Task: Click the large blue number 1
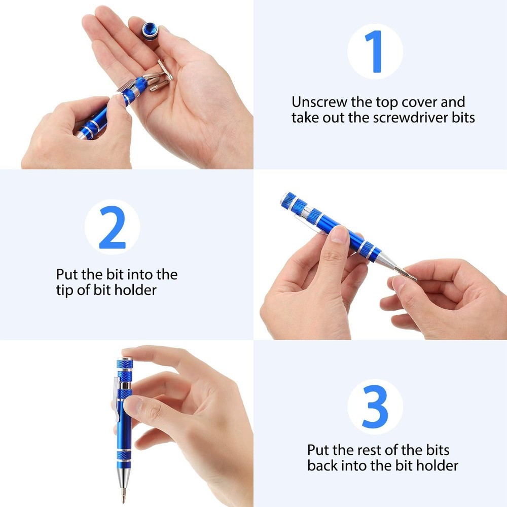pyautogui.click(x=376, y=52)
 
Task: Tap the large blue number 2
pyautogui.click(x=112, y=227)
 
